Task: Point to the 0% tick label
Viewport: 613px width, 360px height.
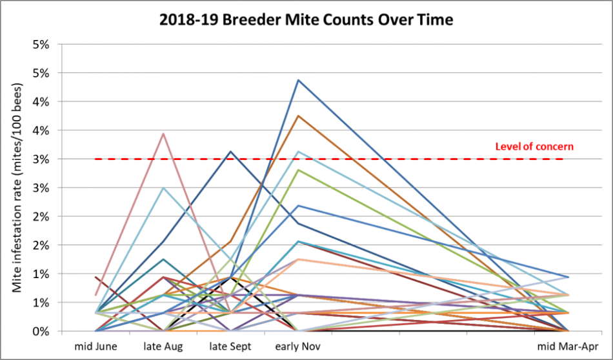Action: click(x=41, y=331)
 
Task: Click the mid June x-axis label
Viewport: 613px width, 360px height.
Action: click(x=97, y=346)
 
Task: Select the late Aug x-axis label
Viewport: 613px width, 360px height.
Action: click(x=163, y=346)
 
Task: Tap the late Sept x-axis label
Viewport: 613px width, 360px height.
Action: click(x=230, y=346)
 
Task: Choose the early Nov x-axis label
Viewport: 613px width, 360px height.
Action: click(x=297, y=346)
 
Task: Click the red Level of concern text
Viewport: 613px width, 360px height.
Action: click(x=534, y=146)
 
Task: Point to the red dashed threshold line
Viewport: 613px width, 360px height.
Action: click(x=387, y=159)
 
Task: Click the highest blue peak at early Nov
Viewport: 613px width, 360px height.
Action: click(x=298, y=80)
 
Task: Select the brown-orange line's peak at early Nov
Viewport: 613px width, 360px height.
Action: click(x=298, y=116)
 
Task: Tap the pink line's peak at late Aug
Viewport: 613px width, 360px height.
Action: click(x=164, y=134)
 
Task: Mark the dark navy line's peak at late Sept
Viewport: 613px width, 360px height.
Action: click(x=231, y=152)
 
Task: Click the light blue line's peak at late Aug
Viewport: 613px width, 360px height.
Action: click(x=164, y=188)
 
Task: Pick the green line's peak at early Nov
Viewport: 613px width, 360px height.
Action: click(x=298, y=170)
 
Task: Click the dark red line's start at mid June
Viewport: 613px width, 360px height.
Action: click(x=96, y=277)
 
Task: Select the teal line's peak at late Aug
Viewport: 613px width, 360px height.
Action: click(x=164, y=259)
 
